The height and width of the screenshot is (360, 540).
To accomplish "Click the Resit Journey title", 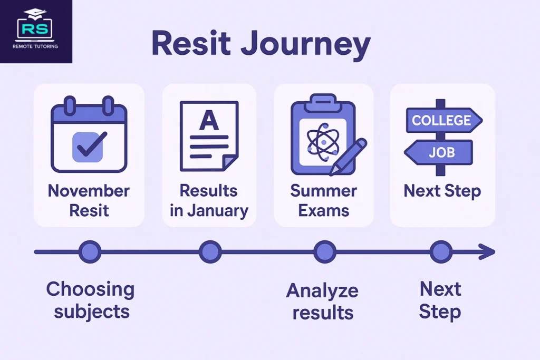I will (261, 44).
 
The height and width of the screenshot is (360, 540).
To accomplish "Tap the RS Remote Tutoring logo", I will (36, 32).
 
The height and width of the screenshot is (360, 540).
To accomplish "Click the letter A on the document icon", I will (209, 121).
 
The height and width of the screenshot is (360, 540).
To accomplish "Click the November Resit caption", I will (89, 200).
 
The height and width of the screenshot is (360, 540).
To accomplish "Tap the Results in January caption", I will (209, 200).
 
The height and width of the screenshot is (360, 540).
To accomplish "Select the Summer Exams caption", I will (324, 200).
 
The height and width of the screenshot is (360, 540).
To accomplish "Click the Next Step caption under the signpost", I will (442, 191).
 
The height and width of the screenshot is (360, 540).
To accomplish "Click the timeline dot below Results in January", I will (210, 252).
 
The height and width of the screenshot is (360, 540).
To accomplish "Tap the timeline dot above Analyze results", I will (324, 252).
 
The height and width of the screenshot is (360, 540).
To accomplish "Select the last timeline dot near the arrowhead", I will (440, 252).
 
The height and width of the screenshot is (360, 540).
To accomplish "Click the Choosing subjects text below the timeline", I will (91, 300).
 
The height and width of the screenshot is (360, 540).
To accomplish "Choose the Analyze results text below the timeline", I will (322, 301).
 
